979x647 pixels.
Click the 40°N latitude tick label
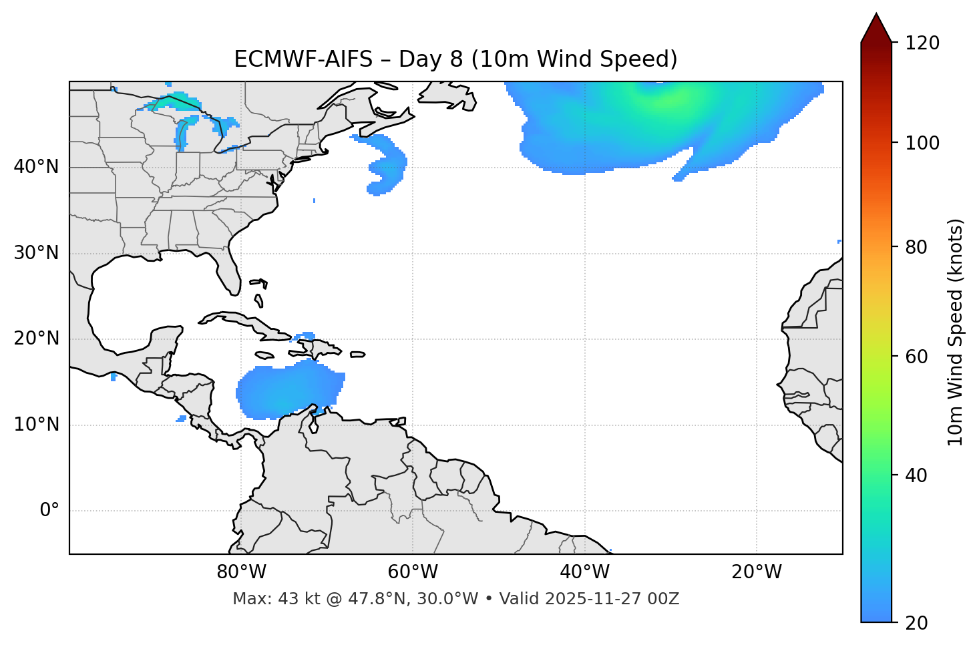coord(36,167)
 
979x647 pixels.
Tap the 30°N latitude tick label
coord(36,253)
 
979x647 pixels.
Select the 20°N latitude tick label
coord(36,339)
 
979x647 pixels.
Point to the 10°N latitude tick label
coord(36,425)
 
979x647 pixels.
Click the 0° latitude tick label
coord(49,511)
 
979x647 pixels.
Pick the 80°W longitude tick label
coord(241,572)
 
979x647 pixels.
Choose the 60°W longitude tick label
coord(413,572)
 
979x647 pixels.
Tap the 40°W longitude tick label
coord(584,572)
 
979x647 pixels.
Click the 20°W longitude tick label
coord(756,572)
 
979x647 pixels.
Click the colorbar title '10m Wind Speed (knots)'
coord(956,332)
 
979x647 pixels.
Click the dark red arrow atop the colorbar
coord(876,29)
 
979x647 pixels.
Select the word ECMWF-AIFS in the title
coord(303,59)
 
